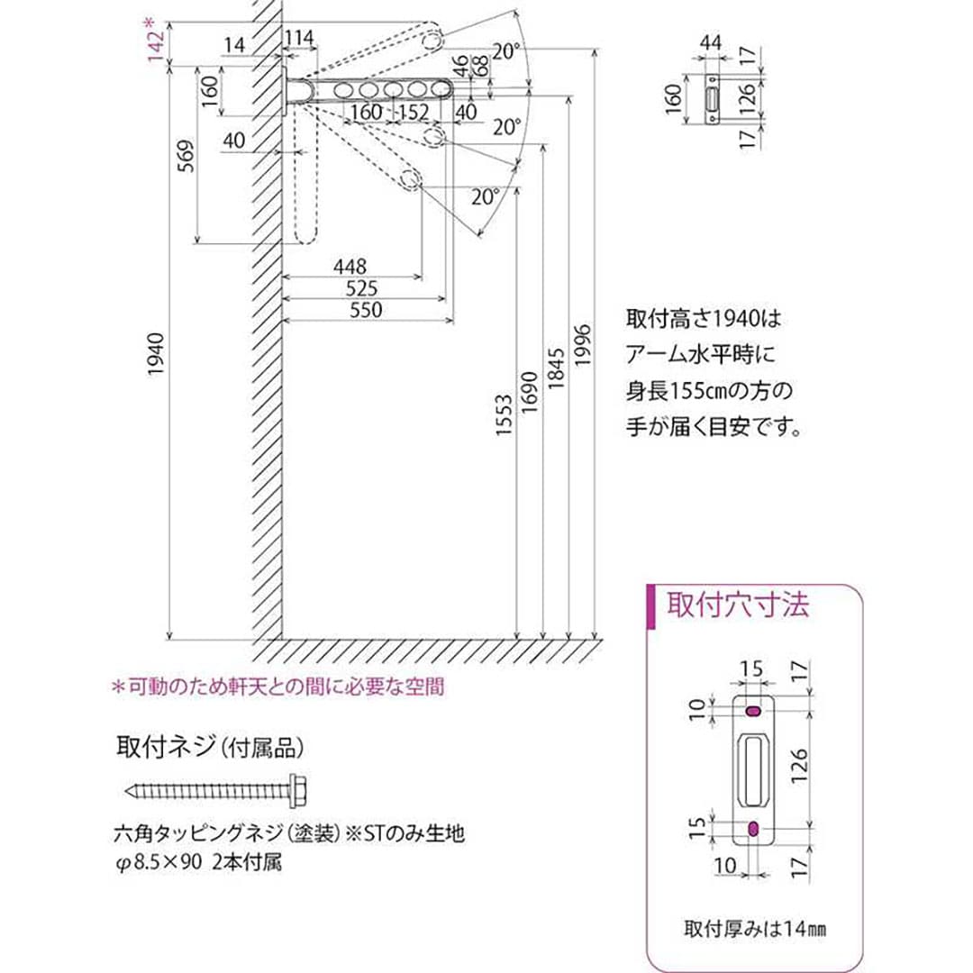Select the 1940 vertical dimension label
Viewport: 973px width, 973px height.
coord(155,353)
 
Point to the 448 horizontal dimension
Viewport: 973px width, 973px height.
coord(350,268)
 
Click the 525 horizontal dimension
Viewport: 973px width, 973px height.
coord(360,288)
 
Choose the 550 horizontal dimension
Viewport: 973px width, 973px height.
coord(365,310)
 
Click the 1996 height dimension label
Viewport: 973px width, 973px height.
coord(582,344)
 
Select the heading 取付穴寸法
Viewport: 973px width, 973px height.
coord(737,604)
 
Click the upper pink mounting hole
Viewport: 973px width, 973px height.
coord(752,712)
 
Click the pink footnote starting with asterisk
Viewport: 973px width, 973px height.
coord(277,687)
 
